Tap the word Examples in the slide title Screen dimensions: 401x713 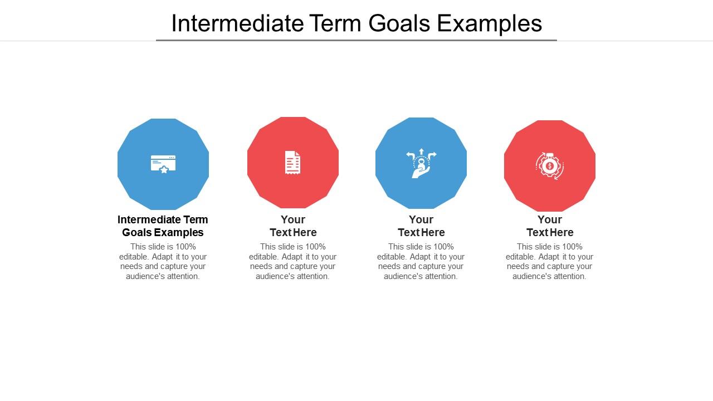(490, 23)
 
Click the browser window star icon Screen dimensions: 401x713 (163, 164)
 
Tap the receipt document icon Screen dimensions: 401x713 (292, 163)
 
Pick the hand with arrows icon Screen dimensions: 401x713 (421, 164)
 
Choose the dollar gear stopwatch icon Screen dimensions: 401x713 (550, 166)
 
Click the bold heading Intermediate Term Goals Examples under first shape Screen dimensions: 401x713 (163, 226)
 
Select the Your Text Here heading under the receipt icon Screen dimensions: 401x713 (293, 226)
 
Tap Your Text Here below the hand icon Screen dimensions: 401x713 (421, 226)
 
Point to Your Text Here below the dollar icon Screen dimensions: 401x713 (550, 226)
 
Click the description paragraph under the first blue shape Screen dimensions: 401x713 (163, 261)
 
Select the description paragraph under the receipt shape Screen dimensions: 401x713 (293, 261)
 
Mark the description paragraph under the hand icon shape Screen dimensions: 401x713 (421, 261)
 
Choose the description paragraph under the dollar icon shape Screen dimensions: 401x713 (550, 261)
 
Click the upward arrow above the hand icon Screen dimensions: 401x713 (421, 151)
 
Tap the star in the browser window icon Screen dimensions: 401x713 (164, 169)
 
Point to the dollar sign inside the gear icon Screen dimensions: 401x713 (550, 166)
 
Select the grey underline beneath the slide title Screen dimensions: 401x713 (356, 40)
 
